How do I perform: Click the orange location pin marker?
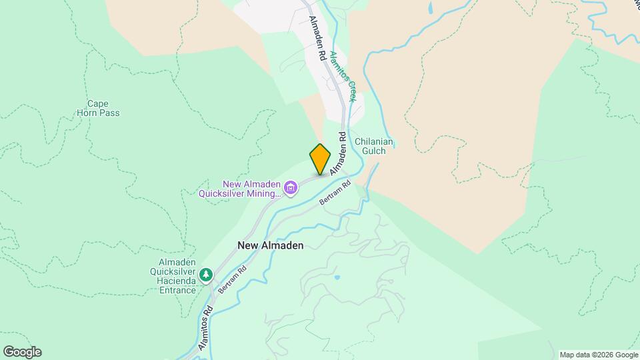320,159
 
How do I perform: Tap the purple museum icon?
291,189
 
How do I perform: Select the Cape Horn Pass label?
103,108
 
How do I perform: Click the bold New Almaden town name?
271,245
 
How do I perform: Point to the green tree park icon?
207,274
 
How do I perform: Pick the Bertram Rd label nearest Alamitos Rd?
232,279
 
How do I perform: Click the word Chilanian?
375,141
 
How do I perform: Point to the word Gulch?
374,151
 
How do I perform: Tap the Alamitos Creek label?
343,77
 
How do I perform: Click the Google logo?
22,352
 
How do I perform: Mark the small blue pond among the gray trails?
338,277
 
